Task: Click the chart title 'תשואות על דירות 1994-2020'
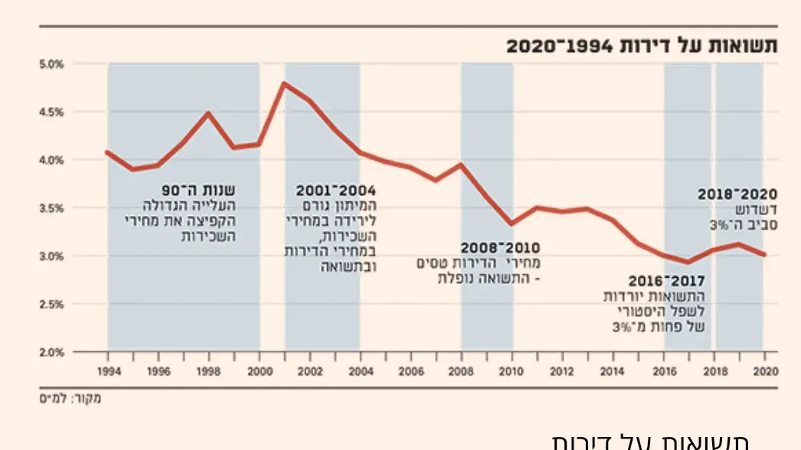pos(641,45)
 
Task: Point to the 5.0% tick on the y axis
pos(51,64)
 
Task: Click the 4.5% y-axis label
pos(51,112)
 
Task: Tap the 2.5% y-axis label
pos(51,305)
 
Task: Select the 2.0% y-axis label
pos(51,353)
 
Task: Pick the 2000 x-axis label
pos(260,371)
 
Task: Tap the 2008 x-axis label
pos(461,371)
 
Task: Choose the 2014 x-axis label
pos(613,371)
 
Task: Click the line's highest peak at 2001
pos(284,83)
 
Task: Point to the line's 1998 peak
pos(208,113)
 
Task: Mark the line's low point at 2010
pos(512,224)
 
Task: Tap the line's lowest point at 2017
pos(688,262)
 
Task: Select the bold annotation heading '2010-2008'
pos(500,248)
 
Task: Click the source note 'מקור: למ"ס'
pos(70,398)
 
